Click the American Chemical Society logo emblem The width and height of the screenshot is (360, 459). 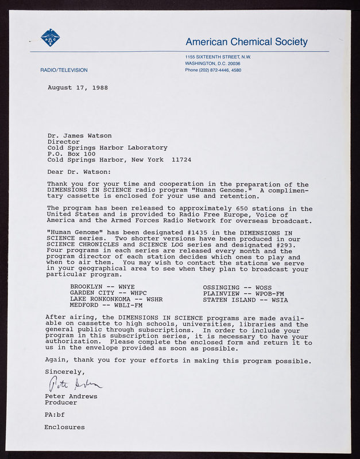pos(50,38)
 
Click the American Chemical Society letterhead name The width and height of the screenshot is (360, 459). pos(246,42)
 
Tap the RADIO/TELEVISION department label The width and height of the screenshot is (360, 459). pos(64,70)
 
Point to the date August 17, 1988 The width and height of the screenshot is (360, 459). pos(78,88)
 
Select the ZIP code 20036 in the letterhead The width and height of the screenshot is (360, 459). pos(233,63)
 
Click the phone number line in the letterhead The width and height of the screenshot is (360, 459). pos(213,70)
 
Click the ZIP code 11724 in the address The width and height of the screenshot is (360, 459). pos(181,160)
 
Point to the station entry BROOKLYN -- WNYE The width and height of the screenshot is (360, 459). pos(102,287)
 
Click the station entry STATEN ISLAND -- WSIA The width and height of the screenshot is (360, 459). pos(246,299)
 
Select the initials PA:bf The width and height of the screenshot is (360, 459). pos(56,415)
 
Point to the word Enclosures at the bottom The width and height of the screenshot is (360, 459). pos(64,427)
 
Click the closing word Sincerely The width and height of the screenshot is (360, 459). pos(64,372)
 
